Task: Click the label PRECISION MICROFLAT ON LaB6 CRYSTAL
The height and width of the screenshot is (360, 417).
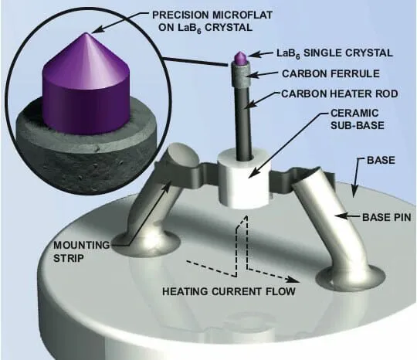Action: (212, 22)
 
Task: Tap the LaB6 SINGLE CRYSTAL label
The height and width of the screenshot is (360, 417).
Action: (334, 53)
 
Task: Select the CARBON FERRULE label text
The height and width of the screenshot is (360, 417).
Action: (331, 73)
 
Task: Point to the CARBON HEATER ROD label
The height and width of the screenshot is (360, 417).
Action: (340, 93)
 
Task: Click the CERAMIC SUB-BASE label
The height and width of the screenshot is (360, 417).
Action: (358, 119)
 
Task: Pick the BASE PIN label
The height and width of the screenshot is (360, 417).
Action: (387, 217)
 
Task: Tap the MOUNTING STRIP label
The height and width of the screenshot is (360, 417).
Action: (81, 251)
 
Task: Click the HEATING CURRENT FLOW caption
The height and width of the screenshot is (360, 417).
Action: (229, 291)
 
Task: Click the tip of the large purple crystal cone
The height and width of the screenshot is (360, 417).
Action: (86, 32)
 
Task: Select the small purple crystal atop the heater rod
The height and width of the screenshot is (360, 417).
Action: (240, 58)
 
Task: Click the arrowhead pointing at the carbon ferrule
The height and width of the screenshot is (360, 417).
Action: (249, 75)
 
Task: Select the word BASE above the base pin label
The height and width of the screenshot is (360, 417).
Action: (381, 160)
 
